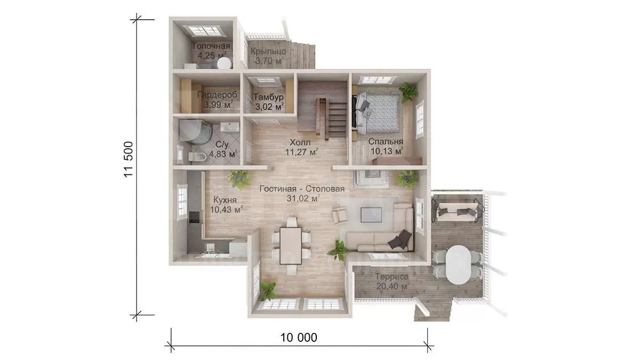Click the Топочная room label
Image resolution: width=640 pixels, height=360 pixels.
click(x=211, y=46)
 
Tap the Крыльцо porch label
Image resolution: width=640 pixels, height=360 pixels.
click(x=268, y=51)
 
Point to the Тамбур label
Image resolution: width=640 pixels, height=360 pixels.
click(x=268, y=97)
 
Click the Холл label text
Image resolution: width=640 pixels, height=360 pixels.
click(x=300, y=142)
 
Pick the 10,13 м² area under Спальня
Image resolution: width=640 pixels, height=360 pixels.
click(x=387, y=151)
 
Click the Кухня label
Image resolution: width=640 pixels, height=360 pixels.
click(x=225, y=199)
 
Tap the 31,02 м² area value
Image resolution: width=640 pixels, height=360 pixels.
click(x=303, y=198)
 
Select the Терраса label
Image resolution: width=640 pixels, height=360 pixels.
click(x=392, y=277)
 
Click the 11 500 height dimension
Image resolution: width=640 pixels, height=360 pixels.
click(x=129, y=159)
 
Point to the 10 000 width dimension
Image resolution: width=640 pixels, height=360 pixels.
click(x=299, y=338)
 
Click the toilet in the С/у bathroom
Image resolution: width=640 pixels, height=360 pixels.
click(x=197, y=157)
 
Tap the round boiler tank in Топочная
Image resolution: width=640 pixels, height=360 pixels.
click(x=224, y=63)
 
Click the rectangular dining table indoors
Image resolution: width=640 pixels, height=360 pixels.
click(x=291, y=246)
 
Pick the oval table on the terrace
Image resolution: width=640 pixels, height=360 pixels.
click(x=458, y=265)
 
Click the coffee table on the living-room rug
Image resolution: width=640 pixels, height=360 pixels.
click(x=371, y=215)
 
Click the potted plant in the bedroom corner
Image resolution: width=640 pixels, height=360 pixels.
click(x=408, y=92)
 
